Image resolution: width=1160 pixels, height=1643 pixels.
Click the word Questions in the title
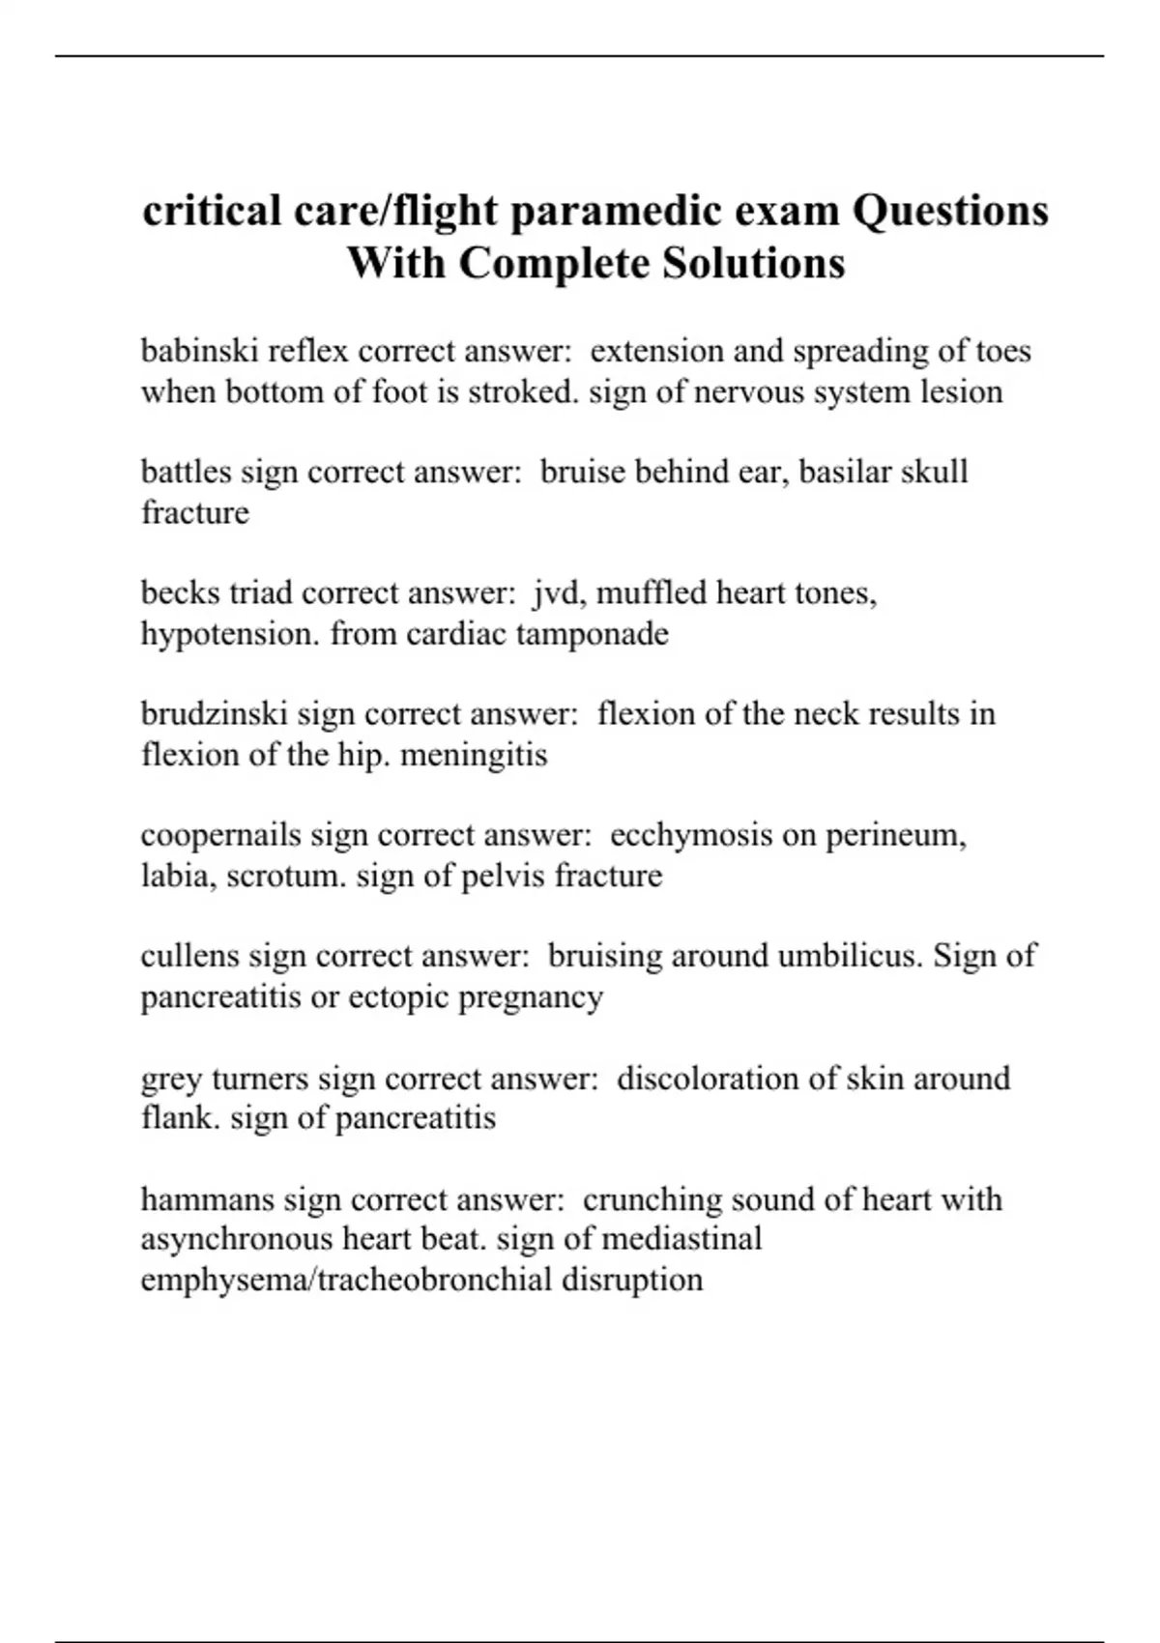[949, 211]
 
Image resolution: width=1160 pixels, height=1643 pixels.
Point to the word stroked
[524, 392]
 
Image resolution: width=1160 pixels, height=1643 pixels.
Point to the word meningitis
[474, 755]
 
